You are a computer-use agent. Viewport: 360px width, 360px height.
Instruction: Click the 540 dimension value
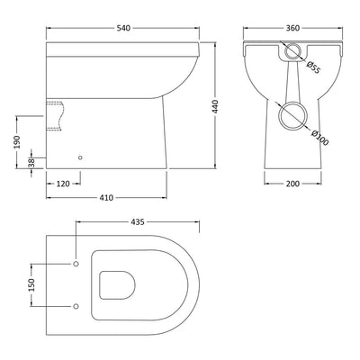click(x=123, y=28)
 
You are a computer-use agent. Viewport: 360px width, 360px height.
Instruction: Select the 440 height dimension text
click(x=215, y=106)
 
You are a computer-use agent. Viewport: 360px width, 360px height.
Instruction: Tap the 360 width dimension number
click(x=292, y=28)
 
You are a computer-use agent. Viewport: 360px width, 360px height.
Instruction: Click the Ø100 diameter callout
click(x=319, y=138)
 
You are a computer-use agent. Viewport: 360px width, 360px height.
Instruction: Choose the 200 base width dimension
click(x=292, y=184)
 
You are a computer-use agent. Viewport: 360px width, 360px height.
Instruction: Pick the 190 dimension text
click(x=16, y=142)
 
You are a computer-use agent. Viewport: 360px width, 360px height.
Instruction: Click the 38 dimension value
click(x=31, y=163)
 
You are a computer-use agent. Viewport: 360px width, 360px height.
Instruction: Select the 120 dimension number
click(x=63, y=184)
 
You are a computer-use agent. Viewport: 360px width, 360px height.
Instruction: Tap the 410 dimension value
click(x=106, y=198)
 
